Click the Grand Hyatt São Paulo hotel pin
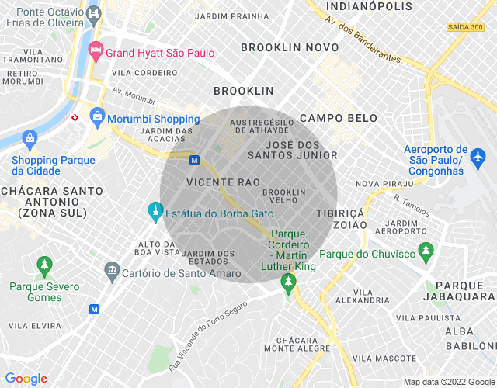(x=96, y=52)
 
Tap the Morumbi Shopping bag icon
(x=97, y=118)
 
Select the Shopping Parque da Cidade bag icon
(x=30, y=140)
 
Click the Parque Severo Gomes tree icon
(x=44, y=266)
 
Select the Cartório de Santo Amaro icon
(x=112, y=271)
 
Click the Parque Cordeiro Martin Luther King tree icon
(x=288, y=283)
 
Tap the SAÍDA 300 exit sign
(x=465, y=27)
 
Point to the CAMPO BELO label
(x=338, y=119)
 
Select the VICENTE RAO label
(x=212, y=182)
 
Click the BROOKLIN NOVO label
(x=281, y=47)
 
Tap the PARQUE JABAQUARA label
(x=460, y=291)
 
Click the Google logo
(x=26, y=379)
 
